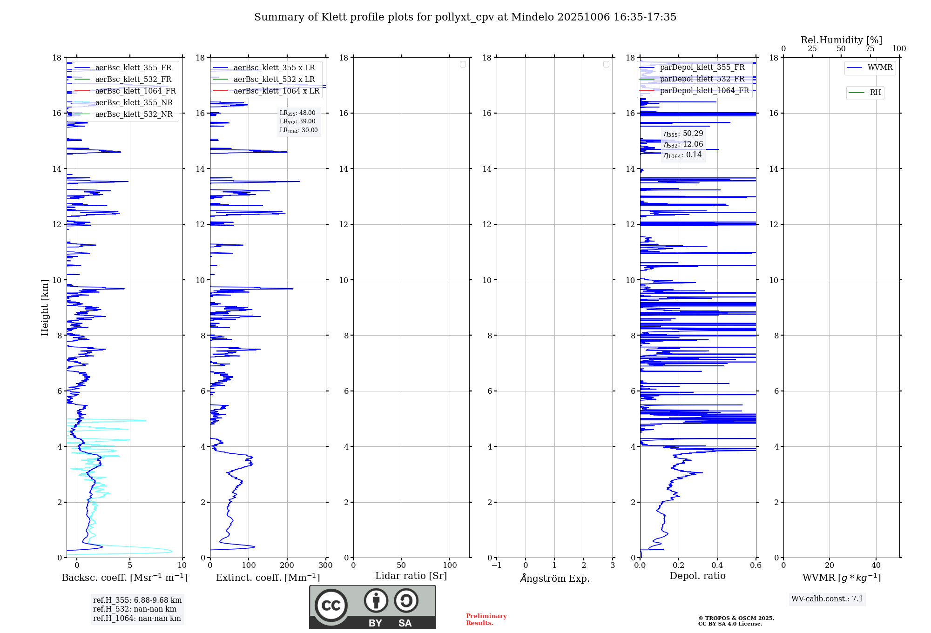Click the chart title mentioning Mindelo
coord(465,17)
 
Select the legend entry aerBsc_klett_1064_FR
coord(135,91)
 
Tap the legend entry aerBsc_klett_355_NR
coord(134,103)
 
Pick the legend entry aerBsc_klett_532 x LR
coord(274,80)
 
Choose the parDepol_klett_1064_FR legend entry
coord(704,91)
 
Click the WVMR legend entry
coord(879,67)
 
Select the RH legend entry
coord(875,93)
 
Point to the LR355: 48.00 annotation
coord(297,113)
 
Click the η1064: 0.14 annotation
coord(683,155)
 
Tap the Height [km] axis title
coord(45,308)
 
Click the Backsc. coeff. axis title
coord(124,578)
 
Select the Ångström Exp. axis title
coord(554,578)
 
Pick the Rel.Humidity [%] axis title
coord(841,40)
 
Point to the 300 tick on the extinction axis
coord(326,565)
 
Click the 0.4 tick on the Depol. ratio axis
coord(717,565)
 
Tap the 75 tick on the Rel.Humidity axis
coord(870,49)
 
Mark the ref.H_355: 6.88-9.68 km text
coord(137,600)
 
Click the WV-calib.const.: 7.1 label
coord(827,599)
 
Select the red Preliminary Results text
coord(486,619)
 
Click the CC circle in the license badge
coord(331,606)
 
